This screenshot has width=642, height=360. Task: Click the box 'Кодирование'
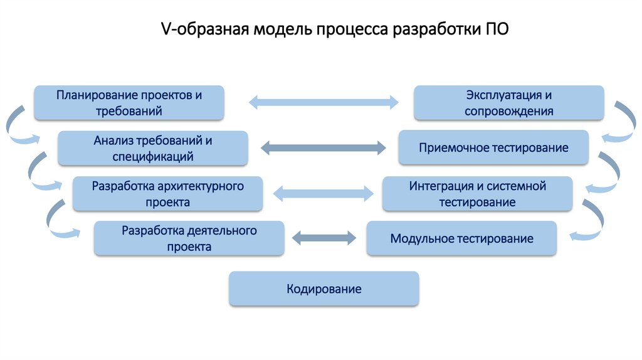point(324,289)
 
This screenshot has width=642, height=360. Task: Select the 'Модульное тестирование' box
point(461,238)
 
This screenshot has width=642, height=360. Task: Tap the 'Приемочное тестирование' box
point(493,148)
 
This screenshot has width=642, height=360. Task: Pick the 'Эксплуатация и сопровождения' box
point(508,103)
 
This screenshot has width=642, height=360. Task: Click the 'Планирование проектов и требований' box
point(129,103)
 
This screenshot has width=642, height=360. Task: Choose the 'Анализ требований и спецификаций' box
point(153,148)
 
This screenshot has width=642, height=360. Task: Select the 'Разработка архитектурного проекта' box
point(167,194)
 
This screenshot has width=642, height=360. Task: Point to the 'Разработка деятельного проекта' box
point(189,238)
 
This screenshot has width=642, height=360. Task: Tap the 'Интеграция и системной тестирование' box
point(477,194)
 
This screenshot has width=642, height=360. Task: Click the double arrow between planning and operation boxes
point(324,102)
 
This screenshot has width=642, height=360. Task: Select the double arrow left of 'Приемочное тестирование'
point(324,148)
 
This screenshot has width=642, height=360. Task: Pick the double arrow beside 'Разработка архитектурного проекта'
point(324,194)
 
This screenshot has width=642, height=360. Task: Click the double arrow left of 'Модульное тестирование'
point(324,238)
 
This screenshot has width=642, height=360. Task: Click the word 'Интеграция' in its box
point(441,186)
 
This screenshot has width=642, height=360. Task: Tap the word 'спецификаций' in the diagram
point(153,156)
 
